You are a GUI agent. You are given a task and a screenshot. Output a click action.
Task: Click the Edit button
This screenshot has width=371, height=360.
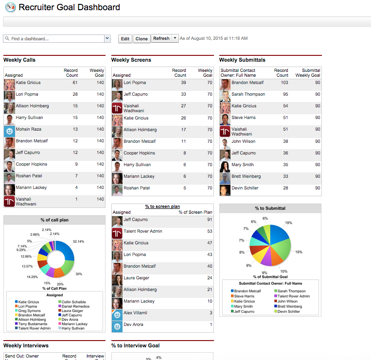(125, 39)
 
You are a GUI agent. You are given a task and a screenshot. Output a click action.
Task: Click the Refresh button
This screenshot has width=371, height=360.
(161, 38)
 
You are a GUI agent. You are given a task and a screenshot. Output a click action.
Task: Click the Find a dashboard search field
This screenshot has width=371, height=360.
(53, 39)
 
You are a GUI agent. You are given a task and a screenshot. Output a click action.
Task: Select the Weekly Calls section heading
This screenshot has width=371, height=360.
(19, 60)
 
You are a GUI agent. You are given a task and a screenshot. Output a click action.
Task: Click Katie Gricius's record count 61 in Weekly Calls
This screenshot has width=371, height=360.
(75, 83)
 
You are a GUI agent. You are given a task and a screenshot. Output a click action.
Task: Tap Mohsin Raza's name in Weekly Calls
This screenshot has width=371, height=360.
(30, 130)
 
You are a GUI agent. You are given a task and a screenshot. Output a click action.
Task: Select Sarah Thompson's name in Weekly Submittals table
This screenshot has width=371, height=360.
(248, 95)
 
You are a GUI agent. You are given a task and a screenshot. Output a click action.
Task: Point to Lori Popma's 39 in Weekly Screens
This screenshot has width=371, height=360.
(183, 83)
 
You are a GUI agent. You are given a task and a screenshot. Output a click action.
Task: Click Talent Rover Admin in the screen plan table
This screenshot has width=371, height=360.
(143, 232)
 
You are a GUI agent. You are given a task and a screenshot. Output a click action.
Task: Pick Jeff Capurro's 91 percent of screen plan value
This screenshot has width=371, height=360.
(210, 220)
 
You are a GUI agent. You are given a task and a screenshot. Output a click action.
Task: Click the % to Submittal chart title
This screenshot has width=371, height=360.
(270, 208)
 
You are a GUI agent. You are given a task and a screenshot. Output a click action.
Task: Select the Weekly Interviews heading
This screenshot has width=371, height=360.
(26, 346)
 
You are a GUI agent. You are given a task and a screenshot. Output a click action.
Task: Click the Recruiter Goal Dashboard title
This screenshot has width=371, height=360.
(69, 7)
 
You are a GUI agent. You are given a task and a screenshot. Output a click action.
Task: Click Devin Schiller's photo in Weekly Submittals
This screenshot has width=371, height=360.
(225, 190)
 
